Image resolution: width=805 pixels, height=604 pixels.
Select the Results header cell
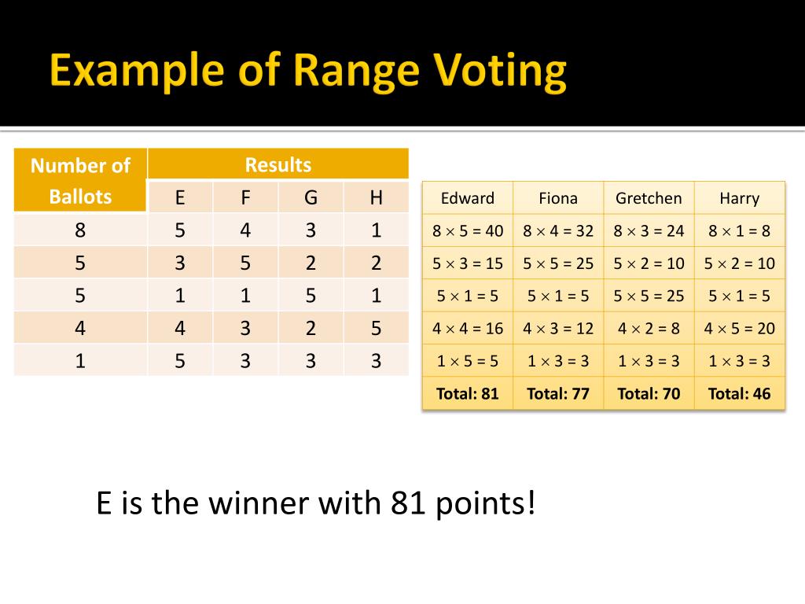[278, 164]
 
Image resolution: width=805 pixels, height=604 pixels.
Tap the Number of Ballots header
[80, 180]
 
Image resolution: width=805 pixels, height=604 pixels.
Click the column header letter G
[311, 197]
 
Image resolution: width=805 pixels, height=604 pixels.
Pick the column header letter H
[376, 197]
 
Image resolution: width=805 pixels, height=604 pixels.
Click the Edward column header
[468, 198]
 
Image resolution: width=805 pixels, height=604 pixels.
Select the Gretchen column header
[649, 198]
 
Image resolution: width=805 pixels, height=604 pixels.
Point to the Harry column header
[739, 198]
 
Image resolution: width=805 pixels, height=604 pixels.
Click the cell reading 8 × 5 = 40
[468, 230]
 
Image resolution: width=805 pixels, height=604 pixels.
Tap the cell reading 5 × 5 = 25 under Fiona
[558, 263]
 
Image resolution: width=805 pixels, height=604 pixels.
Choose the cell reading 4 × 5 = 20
[739, 328]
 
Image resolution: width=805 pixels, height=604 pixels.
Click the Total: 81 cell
[468, 393]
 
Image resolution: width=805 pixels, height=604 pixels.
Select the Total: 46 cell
[739, 393]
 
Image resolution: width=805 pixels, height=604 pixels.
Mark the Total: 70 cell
[649, 393]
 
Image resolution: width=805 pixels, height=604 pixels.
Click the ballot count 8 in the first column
[80, 230]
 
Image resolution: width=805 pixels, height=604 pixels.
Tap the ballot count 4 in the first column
[80, 327]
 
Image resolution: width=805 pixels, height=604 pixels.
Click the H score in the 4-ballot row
[376, 327]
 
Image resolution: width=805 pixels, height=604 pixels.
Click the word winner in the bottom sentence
[260, 503]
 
